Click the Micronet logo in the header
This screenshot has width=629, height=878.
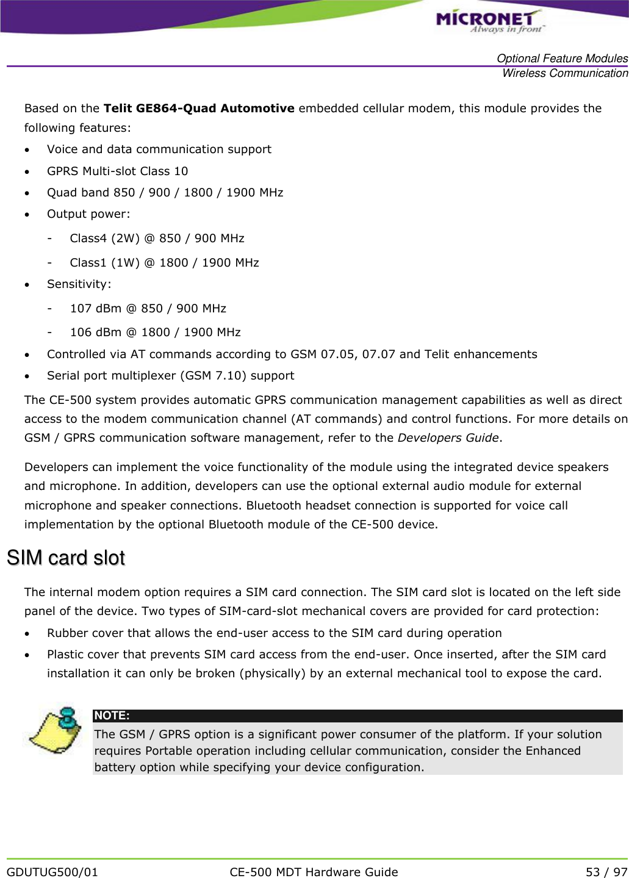click(x=489, y=21)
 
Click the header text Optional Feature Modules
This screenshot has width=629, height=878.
click(x=562, y=59)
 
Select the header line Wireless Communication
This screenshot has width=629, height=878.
click(x=564, y=73)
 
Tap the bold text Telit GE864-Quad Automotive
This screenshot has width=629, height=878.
click(x=199, y=109)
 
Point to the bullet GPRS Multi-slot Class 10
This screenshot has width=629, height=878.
click(x=117, y=171)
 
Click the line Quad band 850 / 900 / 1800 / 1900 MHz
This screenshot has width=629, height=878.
click(x=165, y=193)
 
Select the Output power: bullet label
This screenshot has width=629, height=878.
click(x=88, y=214)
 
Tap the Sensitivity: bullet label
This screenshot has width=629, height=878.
click(x=79, y=284)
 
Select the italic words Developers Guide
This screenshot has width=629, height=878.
click(x=448, y=438)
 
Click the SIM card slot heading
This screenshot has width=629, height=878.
click(x=66, y=558)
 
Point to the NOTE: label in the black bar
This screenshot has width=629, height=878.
click(x=112, y=716)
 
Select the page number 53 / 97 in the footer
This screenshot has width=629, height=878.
click(x=606, y=872)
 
